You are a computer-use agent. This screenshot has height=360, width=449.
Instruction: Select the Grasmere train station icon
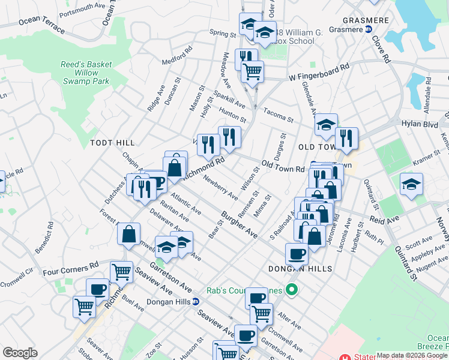click(368, 29)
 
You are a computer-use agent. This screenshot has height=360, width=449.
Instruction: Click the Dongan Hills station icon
click(196, 302)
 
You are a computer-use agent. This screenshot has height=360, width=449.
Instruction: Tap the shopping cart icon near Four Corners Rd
click(121, 272)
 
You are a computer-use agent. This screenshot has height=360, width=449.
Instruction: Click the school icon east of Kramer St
click(411, 184)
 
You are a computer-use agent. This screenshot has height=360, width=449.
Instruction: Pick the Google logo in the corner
click(20, 353)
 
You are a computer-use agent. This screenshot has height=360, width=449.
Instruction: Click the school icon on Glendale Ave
click(326, 124)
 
